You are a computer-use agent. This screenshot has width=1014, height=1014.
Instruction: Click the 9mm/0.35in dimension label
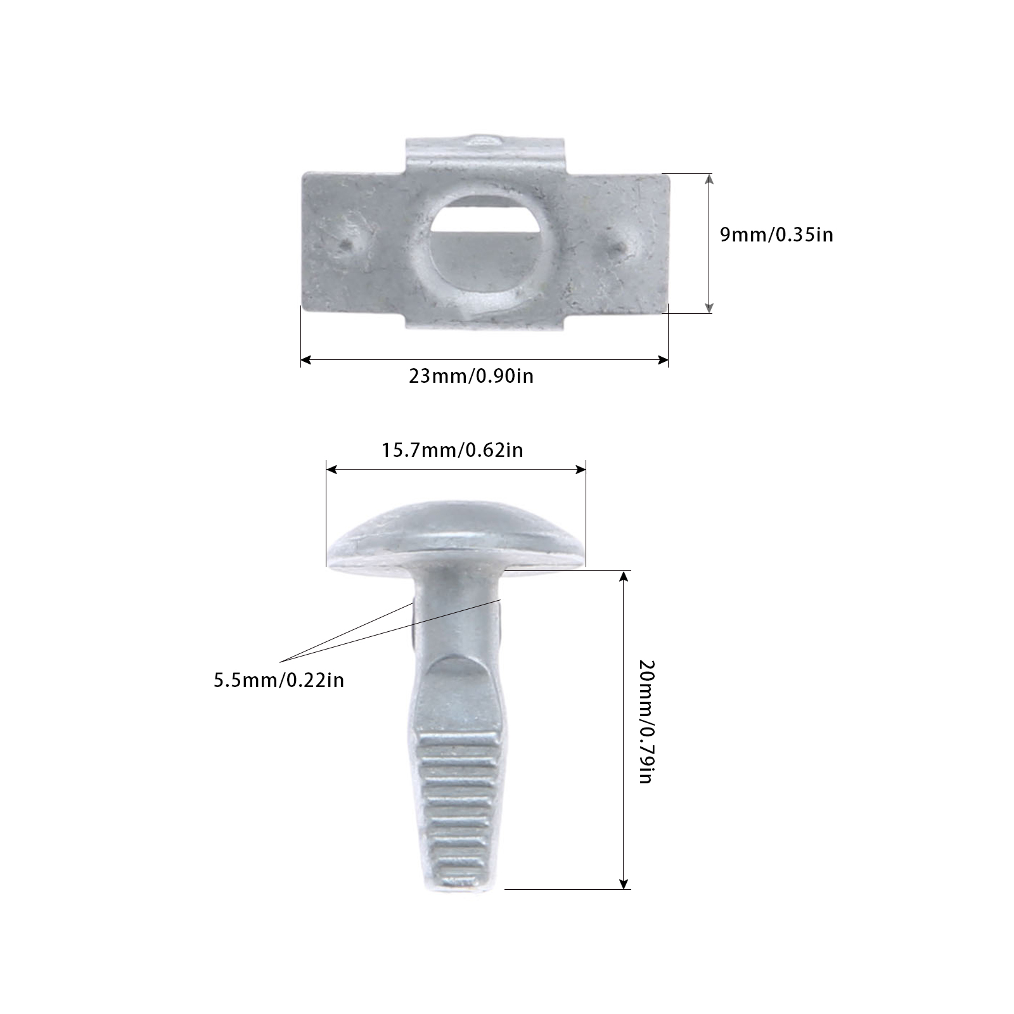776,235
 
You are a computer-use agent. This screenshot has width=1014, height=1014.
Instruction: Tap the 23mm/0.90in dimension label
471,376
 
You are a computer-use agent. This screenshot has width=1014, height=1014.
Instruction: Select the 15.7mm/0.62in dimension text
452,450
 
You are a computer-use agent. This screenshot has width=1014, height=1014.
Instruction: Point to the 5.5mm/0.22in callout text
279,680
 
